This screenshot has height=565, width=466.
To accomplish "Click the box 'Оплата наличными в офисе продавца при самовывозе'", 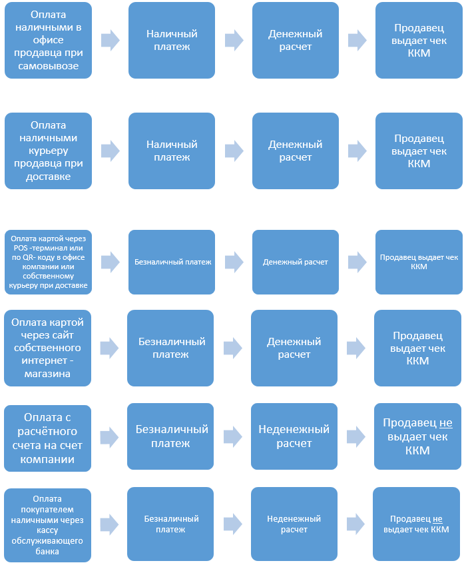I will [x=48, y=40].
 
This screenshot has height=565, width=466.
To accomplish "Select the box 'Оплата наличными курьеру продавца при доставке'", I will [x=48, y=151].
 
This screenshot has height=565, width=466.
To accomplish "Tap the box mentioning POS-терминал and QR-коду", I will [x=48, y=262].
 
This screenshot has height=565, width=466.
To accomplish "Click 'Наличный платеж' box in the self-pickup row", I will [x=172, y=40].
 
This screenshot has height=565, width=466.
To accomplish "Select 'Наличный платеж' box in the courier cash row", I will [x=172, y=151].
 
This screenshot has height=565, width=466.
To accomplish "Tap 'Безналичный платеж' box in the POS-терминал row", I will [x=172, y=262].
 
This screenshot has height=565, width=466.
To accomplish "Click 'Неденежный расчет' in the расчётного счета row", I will [x=294, y=436].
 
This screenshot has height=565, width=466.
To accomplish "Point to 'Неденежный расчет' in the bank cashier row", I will [x=294, y=524].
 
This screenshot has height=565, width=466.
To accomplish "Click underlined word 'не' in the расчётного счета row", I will [x=445, y=423].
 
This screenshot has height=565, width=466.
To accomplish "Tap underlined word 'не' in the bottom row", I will [x=437, y=518].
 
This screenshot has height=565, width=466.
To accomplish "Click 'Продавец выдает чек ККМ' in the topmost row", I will [x=419, y=40].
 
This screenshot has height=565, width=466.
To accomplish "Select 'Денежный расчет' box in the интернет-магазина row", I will [x=294, y=348].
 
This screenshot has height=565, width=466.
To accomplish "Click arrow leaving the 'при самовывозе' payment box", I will [x=110, y=40].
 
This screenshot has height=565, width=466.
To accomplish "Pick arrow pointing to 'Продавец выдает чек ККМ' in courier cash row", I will [x=357, y=151].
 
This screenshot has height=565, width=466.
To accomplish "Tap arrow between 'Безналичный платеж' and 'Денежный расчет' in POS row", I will [x=234, y=262].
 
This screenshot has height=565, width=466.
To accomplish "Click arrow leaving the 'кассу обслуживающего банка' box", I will [x=109, y=524].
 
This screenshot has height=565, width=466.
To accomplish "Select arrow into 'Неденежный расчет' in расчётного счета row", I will [x=233, y=436].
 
